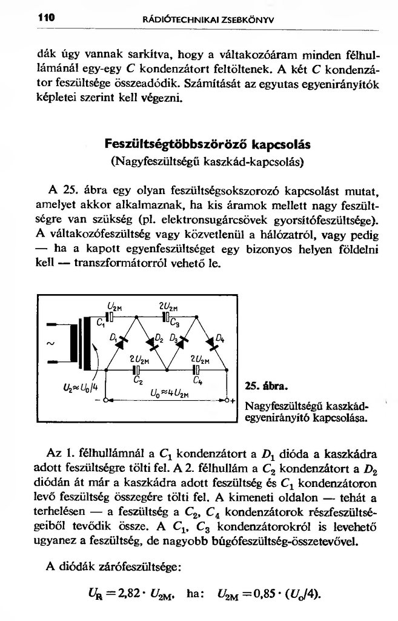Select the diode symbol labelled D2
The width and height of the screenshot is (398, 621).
(150, 343)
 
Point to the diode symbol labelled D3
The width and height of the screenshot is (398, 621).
(181, 343)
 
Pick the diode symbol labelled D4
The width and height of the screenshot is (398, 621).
(211, 343)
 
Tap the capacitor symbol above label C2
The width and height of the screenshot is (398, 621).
(136, 369)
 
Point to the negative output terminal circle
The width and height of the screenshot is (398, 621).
(105, 401)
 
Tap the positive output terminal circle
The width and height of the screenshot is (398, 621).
(227, 401)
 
